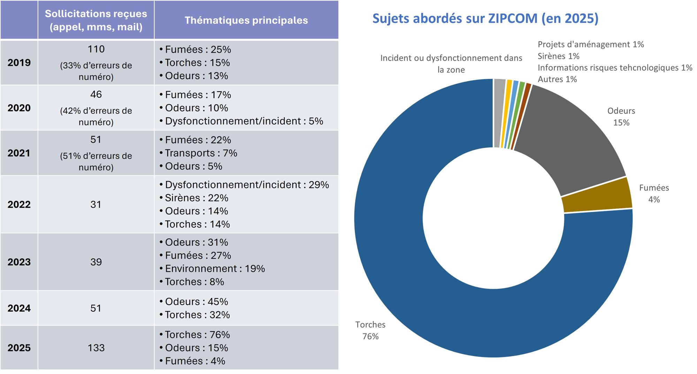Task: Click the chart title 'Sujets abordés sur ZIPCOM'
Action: click(485, 18)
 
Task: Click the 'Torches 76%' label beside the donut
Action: click(370, 330)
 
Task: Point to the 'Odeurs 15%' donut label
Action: click(621, 117)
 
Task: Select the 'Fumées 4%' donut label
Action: click(654, 193)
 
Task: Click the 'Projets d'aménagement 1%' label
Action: click(590, 44)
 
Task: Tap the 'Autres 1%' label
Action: click(557, 79)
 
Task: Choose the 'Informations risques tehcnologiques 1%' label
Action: click(615, 68)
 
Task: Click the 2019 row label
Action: click(19, 63)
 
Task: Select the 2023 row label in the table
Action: click(19, 262)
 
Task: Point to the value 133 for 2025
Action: click(96, 348)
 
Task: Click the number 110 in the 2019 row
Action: click(96, 49)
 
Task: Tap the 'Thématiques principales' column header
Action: click(246, 20)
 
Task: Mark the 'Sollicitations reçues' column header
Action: click(96, 20)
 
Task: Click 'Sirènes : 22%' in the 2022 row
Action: click(197, 198)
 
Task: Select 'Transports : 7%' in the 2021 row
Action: click(201, 153)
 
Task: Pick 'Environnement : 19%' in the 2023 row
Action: click(215, 269)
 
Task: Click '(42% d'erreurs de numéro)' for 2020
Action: click(96, 116)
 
